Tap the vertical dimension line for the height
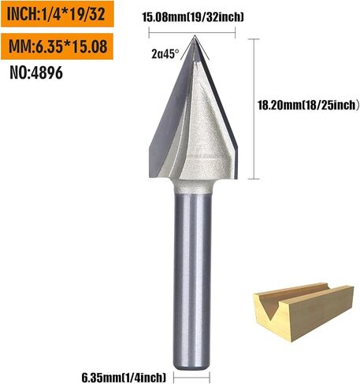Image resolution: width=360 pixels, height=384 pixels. pyautogui.click(x=254, y=102)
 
